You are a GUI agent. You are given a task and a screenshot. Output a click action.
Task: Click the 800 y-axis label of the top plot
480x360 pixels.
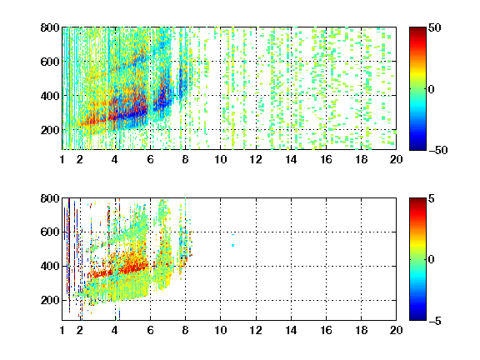(x=50, y=27)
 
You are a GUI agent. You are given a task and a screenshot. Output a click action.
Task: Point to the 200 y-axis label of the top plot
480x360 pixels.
(x=50, y=130)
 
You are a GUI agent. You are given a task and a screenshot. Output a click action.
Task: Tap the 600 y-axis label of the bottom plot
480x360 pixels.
(x=50, y=232)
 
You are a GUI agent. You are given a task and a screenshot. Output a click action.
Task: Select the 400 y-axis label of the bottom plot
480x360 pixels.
(x=50, y=266)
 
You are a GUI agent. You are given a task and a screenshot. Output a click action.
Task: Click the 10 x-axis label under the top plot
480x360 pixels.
(x=220, y=159)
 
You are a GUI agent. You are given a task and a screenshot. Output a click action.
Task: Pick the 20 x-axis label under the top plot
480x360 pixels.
(x=396, y=159)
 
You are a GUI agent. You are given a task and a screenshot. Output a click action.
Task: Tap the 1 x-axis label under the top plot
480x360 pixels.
(x=62, y=159)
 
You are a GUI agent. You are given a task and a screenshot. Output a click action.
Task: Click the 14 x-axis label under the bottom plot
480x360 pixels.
(x=291, y=330)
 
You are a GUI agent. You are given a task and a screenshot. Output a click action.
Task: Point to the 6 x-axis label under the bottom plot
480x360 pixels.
(x=150, y=330)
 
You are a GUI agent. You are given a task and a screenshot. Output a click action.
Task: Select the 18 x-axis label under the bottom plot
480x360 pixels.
(x=361, y=330)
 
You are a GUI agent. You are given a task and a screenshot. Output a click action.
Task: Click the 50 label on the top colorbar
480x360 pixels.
(x=435, y=27)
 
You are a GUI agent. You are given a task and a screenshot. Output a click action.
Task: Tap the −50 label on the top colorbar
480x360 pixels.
(x=437, y=150)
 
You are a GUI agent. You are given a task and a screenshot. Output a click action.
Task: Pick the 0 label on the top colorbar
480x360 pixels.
(x=432, y=89)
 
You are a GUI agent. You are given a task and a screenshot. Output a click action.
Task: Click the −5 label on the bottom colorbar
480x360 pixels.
(x=435, y=321)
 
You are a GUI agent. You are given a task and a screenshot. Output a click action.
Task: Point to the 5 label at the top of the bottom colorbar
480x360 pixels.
(x=432, y=198)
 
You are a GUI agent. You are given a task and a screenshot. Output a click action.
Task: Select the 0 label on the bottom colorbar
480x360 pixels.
(x=432, y=260)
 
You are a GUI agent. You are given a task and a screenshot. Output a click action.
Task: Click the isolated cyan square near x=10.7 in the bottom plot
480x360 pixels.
(x=233, y=245)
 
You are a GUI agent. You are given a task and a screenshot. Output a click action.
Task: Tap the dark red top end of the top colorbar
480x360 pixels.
(x=417, y=30)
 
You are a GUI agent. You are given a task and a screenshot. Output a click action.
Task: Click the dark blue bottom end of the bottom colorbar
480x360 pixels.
(x=417, y=317)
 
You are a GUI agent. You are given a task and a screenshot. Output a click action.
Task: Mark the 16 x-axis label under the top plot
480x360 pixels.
(x=326, y=159)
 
